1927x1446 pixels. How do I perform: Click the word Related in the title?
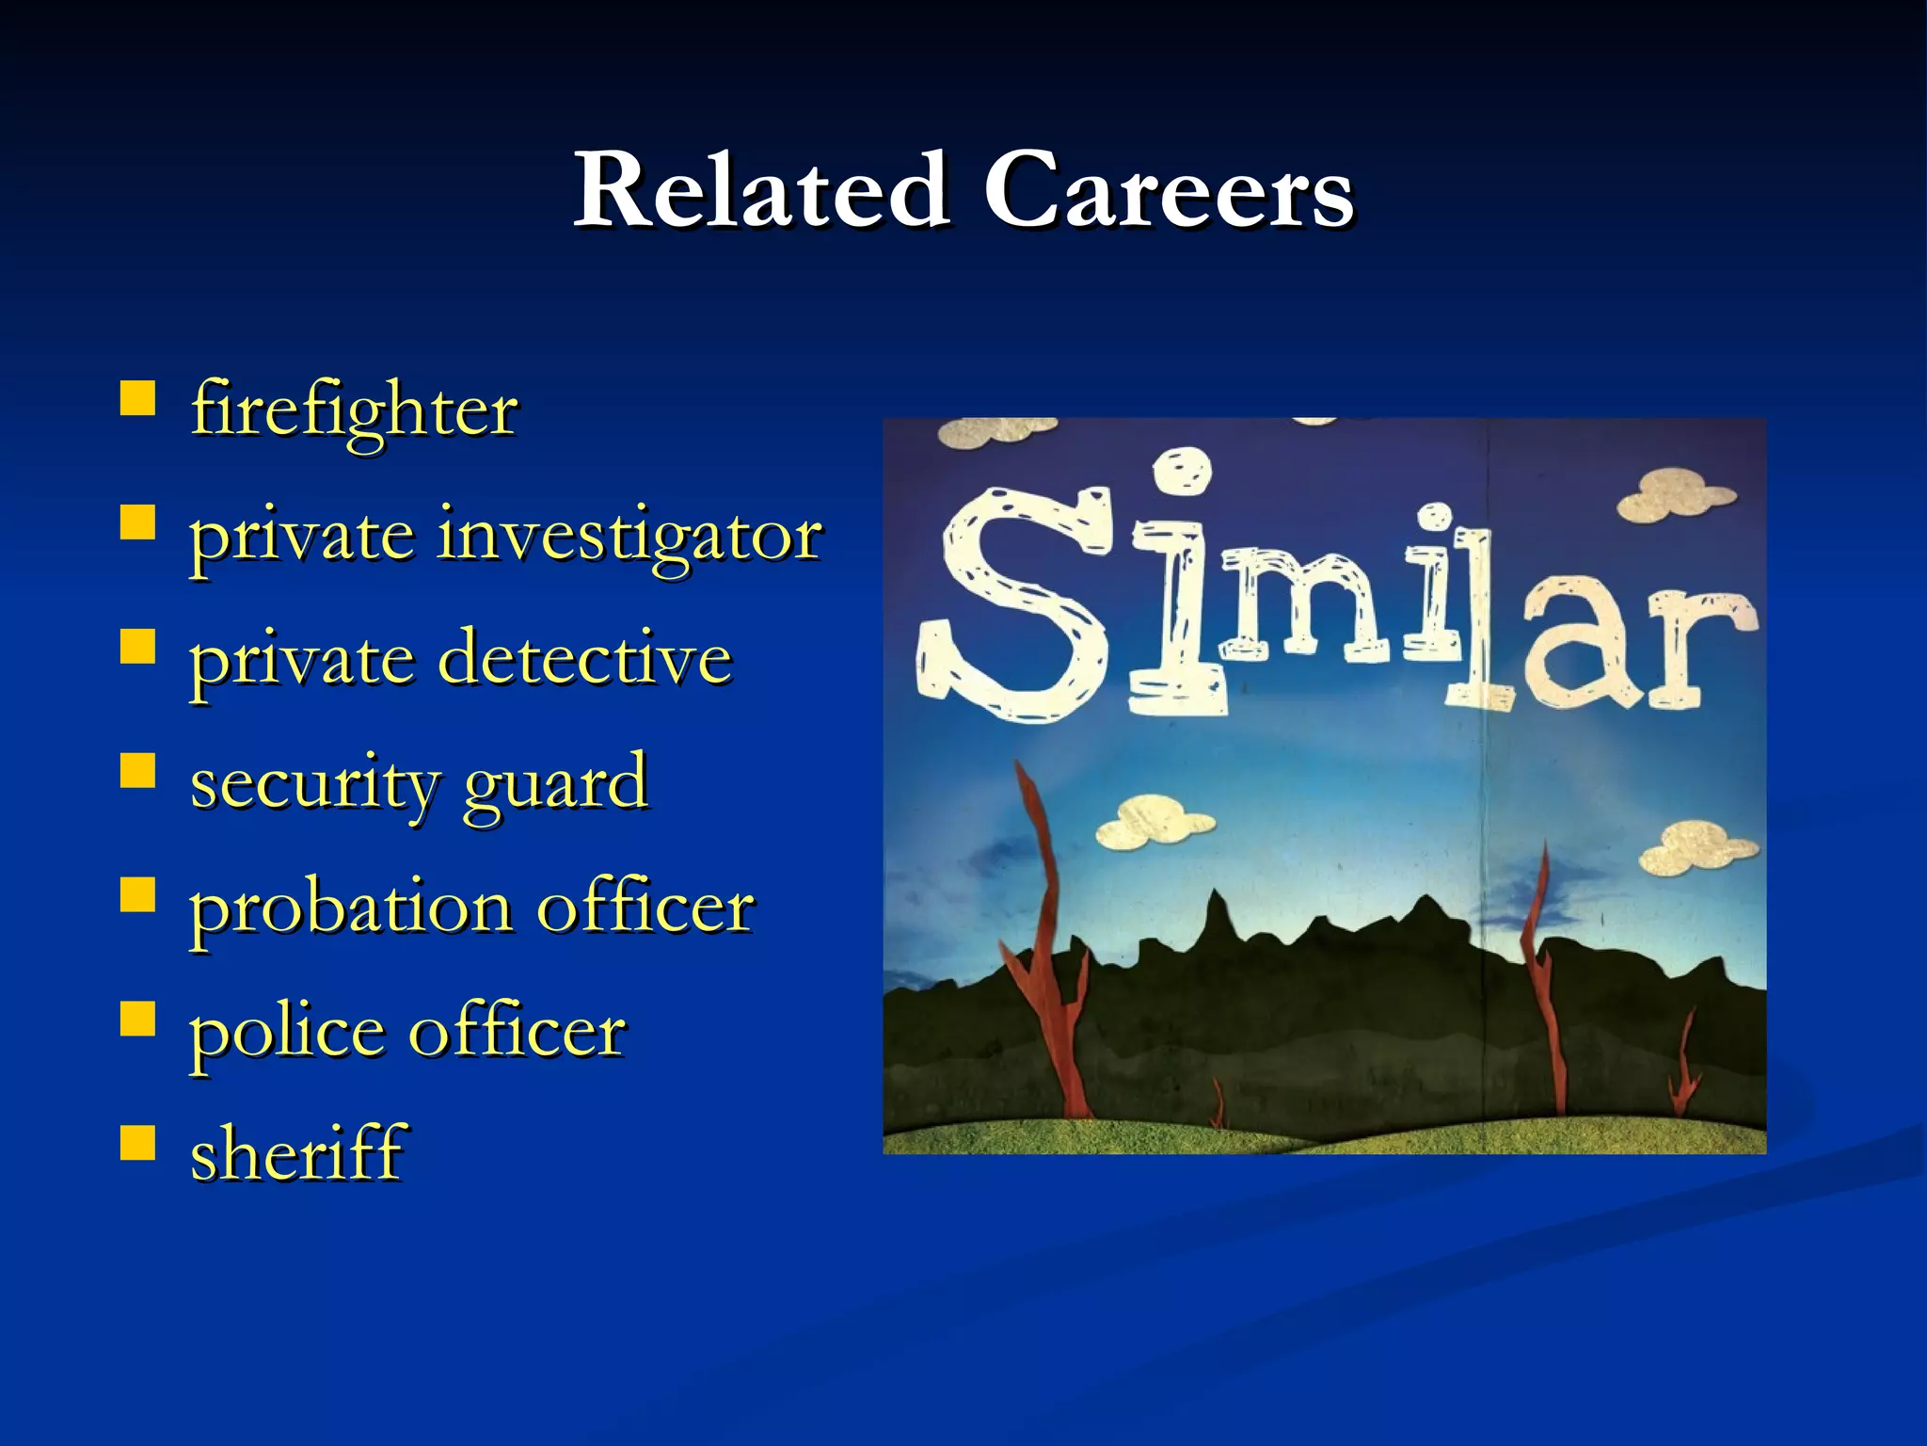coord(760,190)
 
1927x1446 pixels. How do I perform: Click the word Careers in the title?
coord(1169,190)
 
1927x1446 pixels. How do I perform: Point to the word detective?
coord(584,658)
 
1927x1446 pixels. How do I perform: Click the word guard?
coord(556,783)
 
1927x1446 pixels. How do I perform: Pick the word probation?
coord(350,908)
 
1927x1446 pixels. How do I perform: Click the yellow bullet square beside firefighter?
coord(137,399)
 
